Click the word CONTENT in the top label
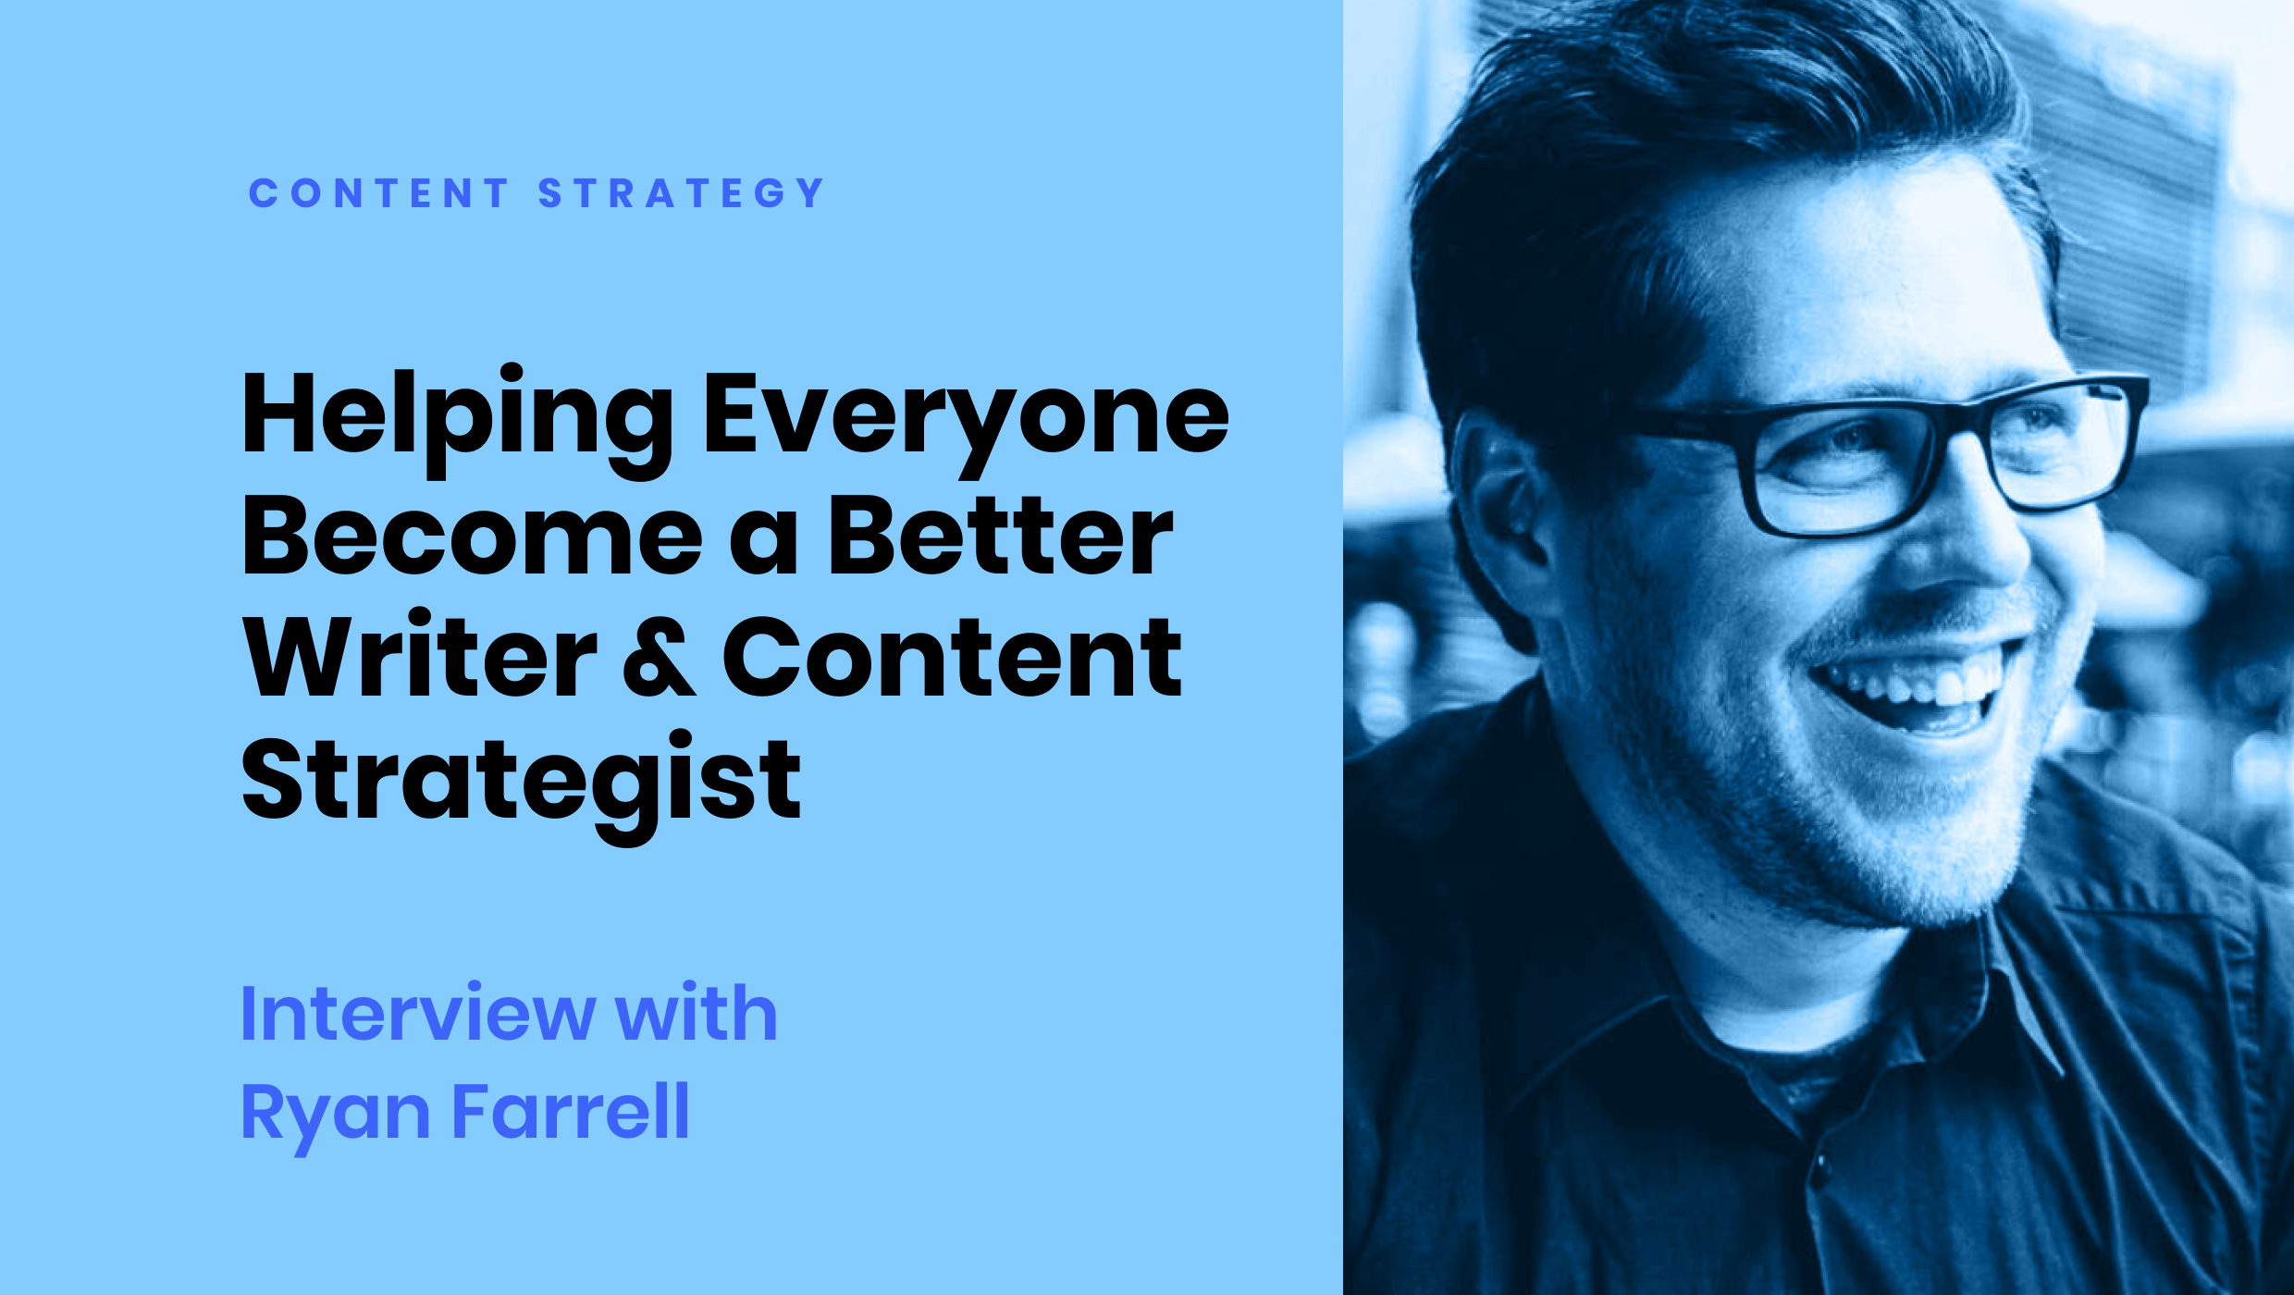coord(379,193)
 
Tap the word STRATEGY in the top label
coord(681,193)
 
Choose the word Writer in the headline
coord(421,653)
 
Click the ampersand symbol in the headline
coord(660,656)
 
